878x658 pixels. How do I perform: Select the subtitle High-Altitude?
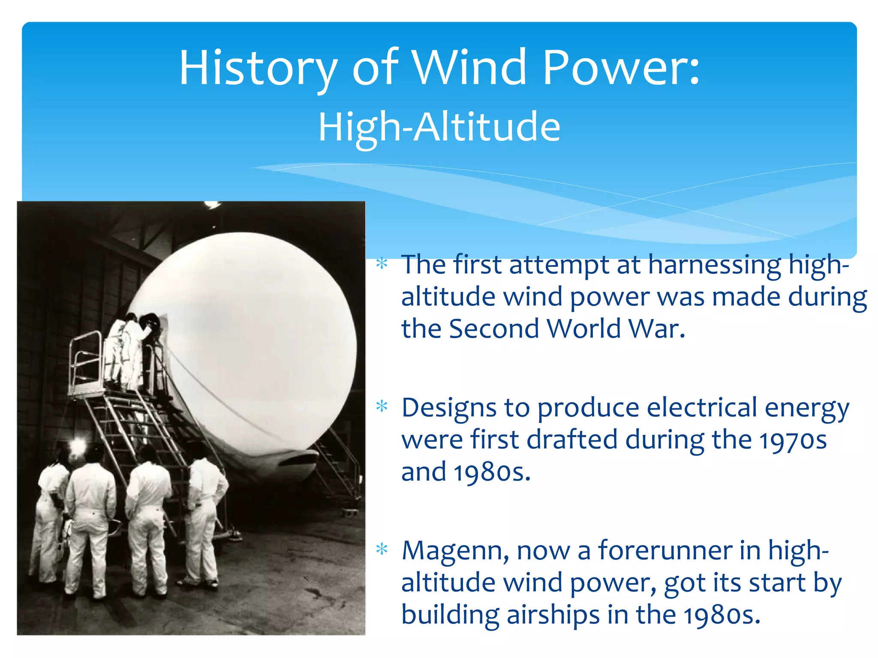click(439, 126)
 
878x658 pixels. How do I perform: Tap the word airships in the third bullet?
click(553, 615)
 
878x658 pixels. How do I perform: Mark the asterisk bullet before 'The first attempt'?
click(382, 263)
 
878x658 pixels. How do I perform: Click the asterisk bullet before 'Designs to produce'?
click(382, 406)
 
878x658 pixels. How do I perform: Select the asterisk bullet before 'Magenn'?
click(382, 549)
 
